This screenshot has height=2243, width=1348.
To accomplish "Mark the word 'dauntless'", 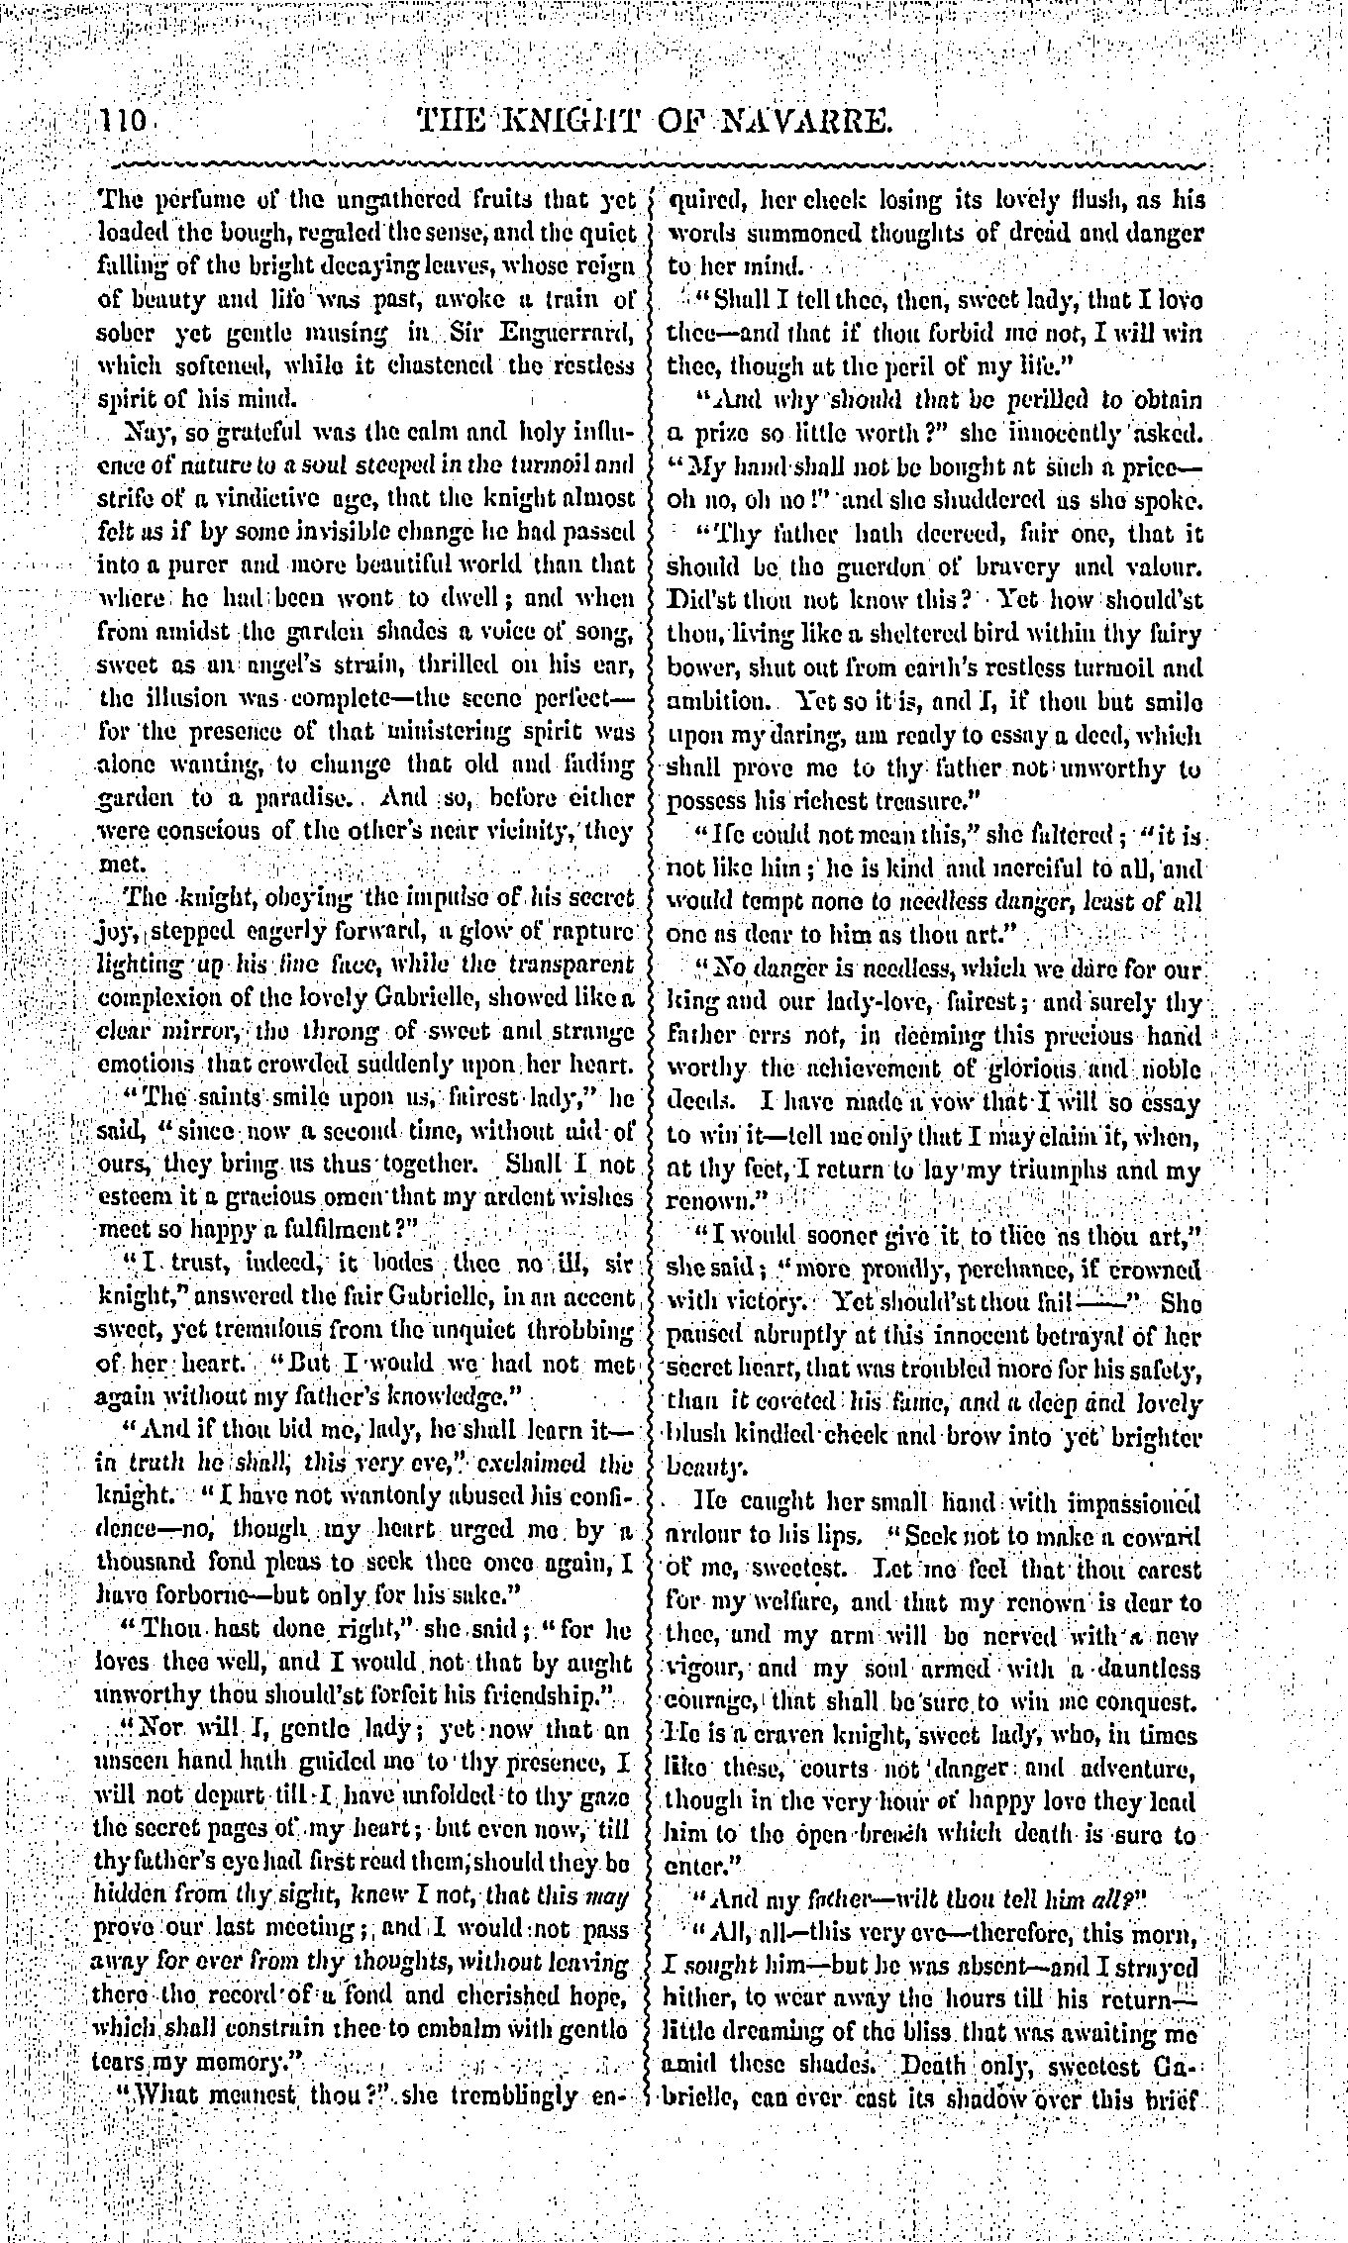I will pyautogui.click(x=1145, y=1669).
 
